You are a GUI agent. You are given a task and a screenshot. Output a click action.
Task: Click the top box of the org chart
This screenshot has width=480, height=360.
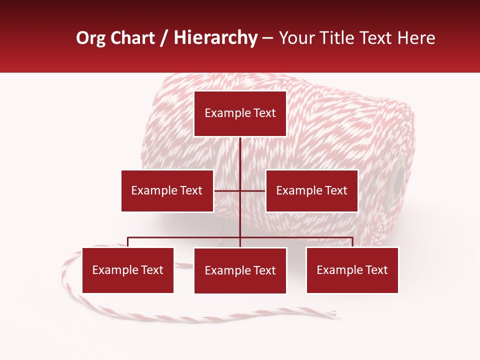tap(240, 113)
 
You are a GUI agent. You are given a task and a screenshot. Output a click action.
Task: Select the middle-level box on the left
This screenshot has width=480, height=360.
tap(167, 190)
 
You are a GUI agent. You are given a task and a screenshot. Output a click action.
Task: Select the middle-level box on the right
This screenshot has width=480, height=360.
tap(311, 190)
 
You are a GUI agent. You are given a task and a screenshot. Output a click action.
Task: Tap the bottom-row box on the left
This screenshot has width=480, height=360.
tap(128, 270)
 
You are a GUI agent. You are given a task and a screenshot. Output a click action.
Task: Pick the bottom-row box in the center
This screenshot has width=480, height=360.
tap(240, 270)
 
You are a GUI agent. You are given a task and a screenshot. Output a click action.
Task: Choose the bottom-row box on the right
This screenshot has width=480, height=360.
tap(352, 270)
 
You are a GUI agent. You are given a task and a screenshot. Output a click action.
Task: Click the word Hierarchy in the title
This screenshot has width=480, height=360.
tap(215, 38)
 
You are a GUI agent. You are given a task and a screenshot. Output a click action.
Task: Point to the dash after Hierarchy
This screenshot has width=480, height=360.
tap(268, 38)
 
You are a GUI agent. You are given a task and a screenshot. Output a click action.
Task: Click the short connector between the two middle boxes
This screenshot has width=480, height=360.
tap(239, 190)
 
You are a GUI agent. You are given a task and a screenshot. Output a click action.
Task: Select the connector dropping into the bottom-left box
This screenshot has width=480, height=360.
tap(128, 242)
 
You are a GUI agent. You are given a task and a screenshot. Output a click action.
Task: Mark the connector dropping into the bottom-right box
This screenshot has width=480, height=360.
tap(352, 242)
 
